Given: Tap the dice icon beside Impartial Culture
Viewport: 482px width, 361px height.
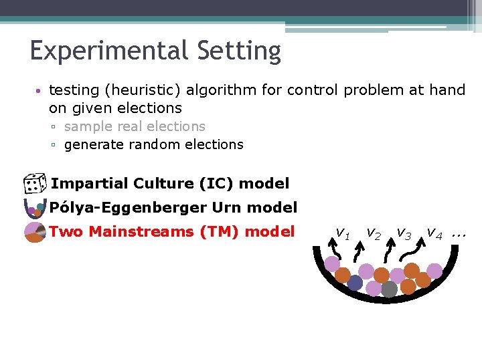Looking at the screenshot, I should (x=33, y=184).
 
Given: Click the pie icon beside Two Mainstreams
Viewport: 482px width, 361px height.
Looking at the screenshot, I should (x=34, y=232).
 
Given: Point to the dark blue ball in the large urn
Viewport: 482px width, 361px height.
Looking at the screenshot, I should (x=355, y=283).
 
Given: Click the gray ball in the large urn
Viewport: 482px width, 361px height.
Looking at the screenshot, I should (x=390, y=289).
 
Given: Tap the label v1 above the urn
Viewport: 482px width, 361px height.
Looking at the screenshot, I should (x=342, y=233).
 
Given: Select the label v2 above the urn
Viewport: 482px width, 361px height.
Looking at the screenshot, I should (x=374, y=233).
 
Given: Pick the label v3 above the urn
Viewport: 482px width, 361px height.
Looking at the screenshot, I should (x=404, y=233).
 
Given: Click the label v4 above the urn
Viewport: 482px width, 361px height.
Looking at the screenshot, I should (x=434, y=233).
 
